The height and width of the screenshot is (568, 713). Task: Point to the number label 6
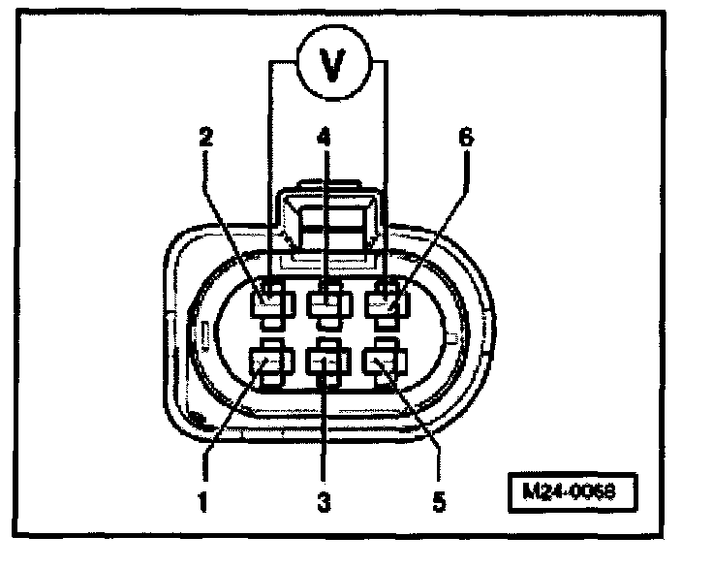466,139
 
